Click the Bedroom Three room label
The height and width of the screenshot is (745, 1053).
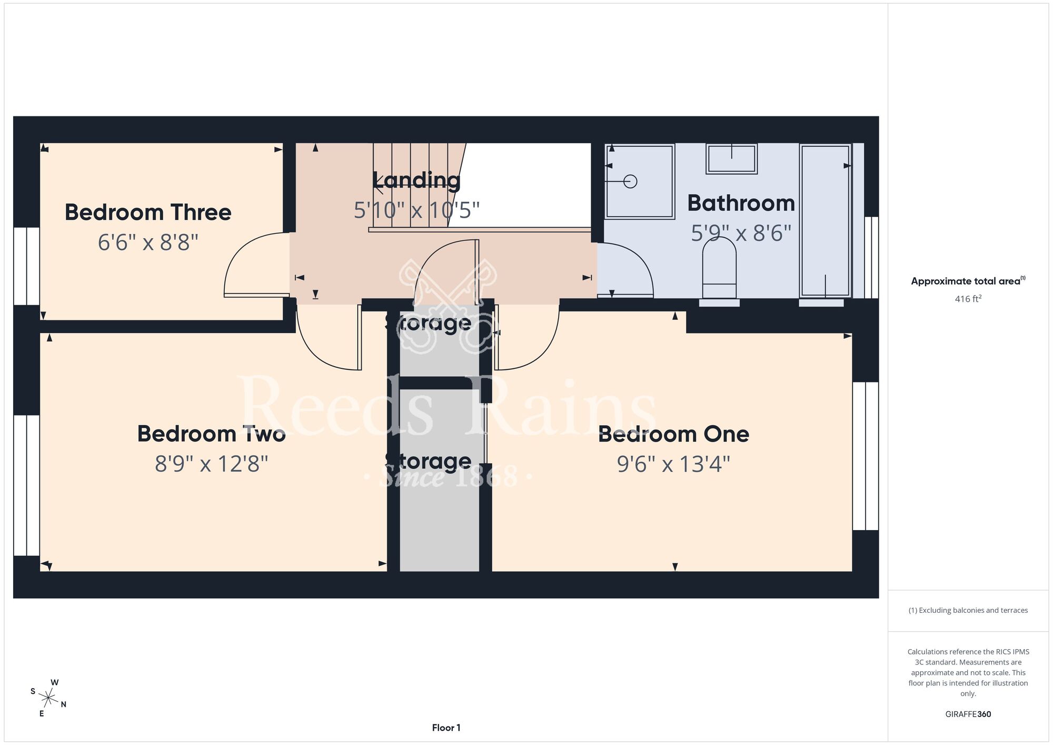(x=148, y=212)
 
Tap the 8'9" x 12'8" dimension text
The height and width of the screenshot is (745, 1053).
(x=212, y=464)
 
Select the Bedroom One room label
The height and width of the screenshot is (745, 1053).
(x=673, y=434)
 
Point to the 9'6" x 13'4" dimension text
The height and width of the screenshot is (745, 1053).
(x=673, y=464)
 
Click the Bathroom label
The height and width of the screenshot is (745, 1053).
(x=741, y=203)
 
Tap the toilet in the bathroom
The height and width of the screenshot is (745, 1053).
(x=719, y=268)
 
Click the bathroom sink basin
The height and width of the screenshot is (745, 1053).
(x=731, y=159)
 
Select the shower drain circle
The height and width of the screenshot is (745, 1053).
(x=630, y=182)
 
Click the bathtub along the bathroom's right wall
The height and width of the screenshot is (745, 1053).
(x=825, y=221)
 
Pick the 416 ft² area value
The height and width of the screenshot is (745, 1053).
(x=968, y=299)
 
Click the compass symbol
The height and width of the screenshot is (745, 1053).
(x=48, y=699)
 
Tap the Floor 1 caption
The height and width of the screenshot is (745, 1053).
(x=446, y=728)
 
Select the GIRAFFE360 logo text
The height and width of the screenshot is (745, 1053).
(x=968, y=714)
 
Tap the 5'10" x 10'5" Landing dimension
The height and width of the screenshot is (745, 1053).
(x=416, y=210)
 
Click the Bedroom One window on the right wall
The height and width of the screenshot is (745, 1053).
(x=866, y=456)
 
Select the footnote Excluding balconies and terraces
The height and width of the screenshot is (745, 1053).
(x=968, y=610)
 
